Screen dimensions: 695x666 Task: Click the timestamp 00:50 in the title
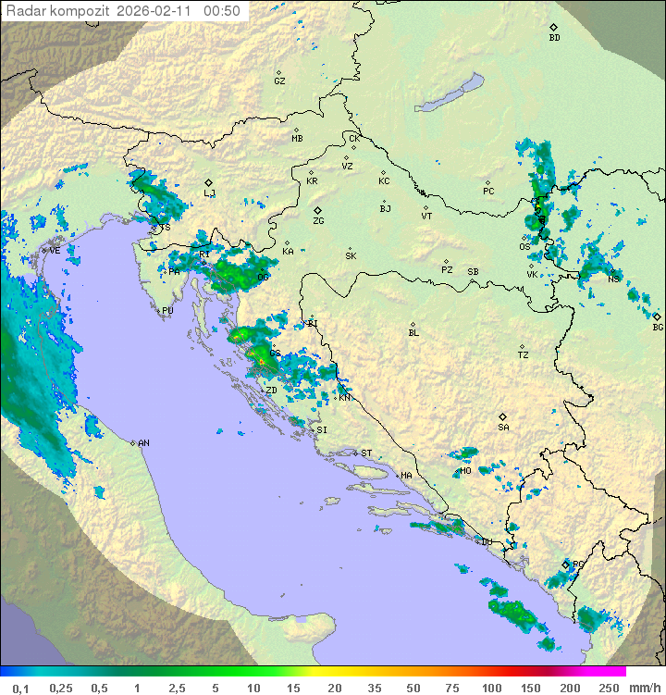225,11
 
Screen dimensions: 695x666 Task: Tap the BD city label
554,38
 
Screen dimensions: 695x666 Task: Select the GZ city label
279,81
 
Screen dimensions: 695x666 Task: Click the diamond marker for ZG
317,211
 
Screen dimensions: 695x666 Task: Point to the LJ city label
210,193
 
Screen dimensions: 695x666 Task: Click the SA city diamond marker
503,416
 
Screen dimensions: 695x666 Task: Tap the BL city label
413,332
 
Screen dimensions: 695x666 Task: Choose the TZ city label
523,354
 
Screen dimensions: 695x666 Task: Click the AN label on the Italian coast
143,443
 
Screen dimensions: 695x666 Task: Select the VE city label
55,251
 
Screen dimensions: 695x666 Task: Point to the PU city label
167,311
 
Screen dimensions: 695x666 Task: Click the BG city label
658,327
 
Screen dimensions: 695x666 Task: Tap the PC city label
488,192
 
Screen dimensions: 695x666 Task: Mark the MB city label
297,138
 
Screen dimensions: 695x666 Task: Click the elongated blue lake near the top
449,93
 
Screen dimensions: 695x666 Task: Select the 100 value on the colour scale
491,688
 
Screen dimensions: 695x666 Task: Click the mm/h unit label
641,688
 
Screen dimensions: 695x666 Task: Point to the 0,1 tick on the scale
20,688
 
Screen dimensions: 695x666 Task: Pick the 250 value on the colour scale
608,688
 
